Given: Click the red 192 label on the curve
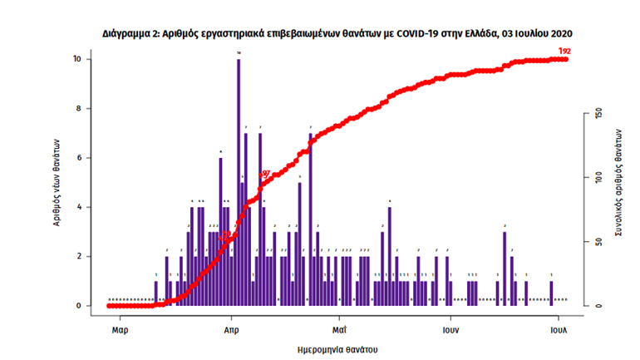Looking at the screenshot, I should coord(565,52).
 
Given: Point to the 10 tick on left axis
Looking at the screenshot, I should coord(76,60).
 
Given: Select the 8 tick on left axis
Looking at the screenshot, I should coord(78,109).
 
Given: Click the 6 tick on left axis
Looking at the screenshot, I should coord(78,158).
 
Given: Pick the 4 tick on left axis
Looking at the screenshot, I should coord(78,207).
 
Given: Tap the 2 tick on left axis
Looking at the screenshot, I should coord(78,256).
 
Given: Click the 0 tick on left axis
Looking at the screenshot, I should coord(78,306).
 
